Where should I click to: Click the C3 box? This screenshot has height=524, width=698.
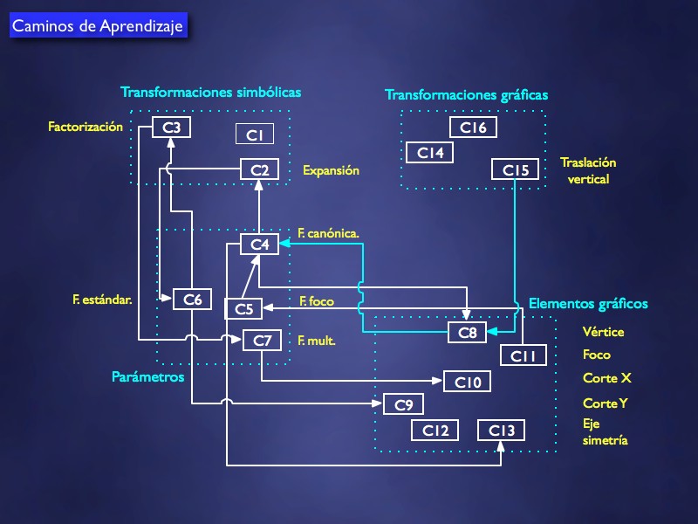[172, 128]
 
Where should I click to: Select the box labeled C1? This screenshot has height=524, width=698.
[255, 134]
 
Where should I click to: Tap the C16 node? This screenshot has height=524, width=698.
[473, 128]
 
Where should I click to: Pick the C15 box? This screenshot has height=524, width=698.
[516, 170]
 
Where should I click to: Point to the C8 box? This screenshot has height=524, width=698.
[468, 333]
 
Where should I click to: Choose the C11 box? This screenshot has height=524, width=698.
[523, 355]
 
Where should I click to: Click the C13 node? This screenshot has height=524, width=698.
[502, 430]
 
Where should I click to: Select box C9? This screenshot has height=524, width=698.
[404, 404]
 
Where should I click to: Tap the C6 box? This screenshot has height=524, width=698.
[193, 299]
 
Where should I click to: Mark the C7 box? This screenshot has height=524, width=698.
[263, 340]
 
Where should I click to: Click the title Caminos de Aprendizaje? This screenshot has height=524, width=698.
[98, 26]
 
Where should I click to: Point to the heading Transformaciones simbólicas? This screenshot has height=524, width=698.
[210, 92]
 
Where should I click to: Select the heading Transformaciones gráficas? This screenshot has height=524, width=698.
[467, 94]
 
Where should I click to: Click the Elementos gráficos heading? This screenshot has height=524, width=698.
[588, 304]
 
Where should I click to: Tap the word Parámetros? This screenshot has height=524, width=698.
[148, 377]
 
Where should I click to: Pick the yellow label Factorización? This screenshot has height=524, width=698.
[86, 127]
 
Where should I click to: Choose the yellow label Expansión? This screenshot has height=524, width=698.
[331, 171]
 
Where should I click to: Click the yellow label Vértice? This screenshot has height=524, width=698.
[604, 332]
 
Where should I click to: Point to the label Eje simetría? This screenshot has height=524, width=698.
[606, 432]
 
